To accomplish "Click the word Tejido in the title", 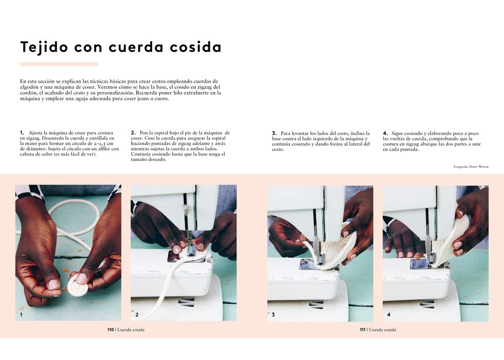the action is pos(44,47).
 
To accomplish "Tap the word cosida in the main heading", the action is pos(196,47).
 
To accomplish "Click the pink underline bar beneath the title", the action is pos(59,64).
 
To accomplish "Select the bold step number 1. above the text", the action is pos(22,133).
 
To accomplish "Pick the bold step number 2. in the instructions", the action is pos(133,133).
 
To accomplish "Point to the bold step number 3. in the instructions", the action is pos(274,133).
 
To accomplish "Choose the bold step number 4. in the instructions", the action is pos(385,133).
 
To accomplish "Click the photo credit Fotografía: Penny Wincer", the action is pos(471,167).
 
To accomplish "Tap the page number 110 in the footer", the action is pos(111,330).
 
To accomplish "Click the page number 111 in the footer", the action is pos(363,330).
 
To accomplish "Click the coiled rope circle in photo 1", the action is pos(77,283).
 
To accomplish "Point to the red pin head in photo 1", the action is pos(42,292).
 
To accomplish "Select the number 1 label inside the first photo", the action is pos(21,315).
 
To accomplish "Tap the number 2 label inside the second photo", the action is pos(137,315).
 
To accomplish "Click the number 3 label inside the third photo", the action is pos(273,315).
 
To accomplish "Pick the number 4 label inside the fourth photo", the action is pos(389,315).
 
